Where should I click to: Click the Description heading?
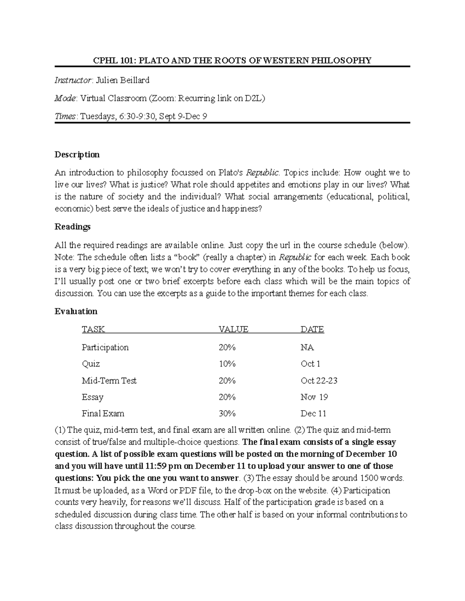click(x=77, y=155)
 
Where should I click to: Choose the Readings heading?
click(x=72, y=227)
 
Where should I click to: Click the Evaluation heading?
click(x=76, y=312)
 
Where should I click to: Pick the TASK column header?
click(x=93, y=329)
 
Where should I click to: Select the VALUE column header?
click(x=233, y=329)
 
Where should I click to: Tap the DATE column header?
click(x=312, y=329)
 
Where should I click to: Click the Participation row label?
click(x=105, y=348)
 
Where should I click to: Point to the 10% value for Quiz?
click(x=227, y=364)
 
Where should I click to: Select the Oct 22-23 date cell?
click(x=319, y=381)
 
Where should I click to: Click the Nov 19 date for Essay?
click(x=314, y=397)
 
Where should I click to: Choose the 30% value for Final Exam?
click(x=227, y=414)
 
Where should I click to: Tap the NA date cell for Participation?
click(x=307, y=348)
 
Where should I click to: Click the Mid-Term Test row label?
click(x=109, y=381)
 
